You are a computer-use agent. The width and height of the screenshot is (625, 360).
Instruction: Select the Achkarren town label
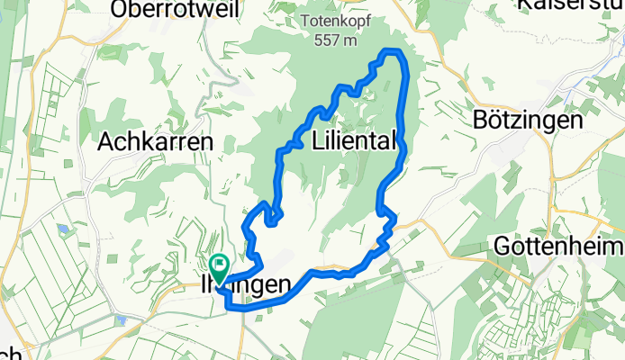coord(154,141)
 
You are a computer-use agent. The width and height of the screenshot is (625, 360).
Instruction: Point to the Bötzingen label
coord(529,120)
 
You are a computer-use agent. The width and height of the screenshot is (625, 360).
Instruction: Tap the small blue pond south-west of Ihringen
coord(119,319)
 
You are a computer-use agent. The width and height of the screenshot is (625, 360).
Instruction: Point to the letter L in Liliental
coord(317,140)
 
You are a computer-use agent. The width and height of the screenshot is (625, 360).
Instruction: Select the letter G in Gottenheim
coord(503,246)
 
